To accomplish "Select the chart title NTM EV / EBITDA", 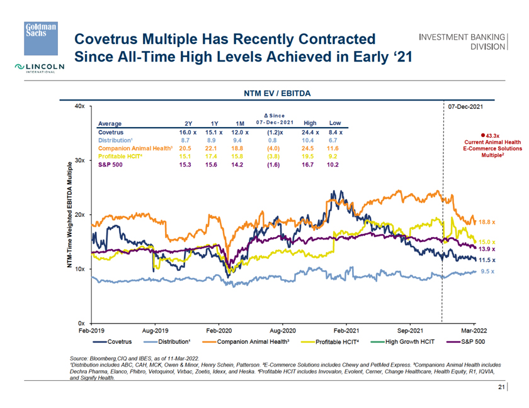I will [x=278, y=92].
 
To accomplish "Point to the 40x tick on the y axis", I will [x=79, y=106].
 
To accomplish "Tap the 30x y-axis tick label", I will [x=79, y=160].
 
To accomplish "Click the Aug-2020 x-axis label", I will [x=283, y=329].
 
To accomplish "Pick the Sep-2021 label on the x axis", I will [x=410, y=329].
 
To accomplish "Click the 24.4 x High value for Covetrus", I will [x=310, y=133].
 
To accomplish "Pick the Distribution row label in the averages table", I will [x=115, y=140].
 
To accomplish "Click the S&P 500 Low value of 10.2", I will [x=334, y=165].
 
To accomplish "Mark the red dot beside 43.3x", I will [x=482, y=135].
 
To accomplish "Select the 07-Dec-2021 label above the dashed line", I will [x=465, y=107].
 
